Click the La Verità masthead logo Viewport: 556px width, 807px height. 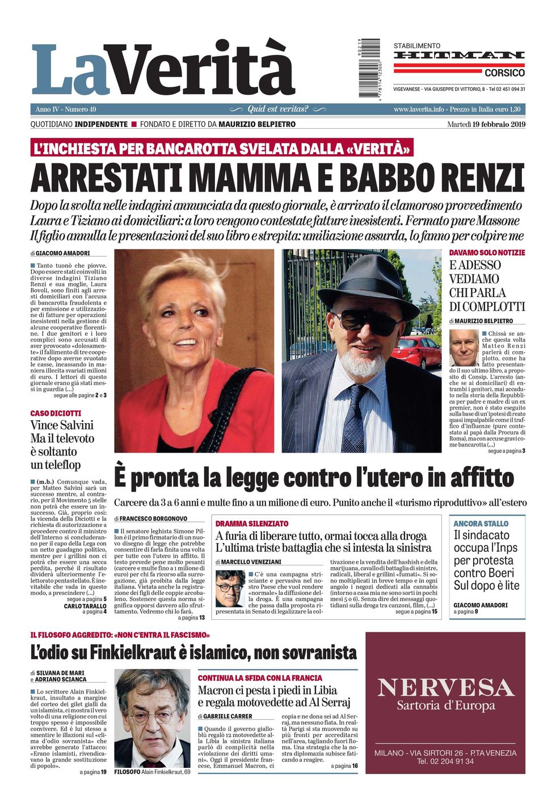point(163,69)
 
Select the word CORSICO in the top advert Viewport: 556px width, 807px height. point(504,73)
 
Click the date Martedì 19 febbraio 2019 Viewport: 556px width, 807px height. point(486,124)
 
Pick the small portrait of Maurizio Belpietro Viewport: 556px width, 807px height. point(464,348)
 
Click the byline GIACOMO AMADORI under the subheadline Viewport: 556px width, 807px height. point(62,253)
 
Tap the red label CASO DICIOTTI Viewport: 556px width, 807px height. point(56,413)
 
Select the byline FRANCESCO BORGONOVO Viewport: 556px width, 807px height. point(153,518)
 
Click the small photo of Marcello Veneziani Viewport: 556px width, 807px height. point(230,588)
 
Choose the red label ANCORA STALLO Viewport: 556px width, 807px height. point(481,523)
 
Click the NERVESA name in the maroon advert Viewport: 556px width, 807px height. point(445,687)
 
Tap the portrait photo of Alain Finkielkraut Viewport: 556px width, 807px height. point(152,717)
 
